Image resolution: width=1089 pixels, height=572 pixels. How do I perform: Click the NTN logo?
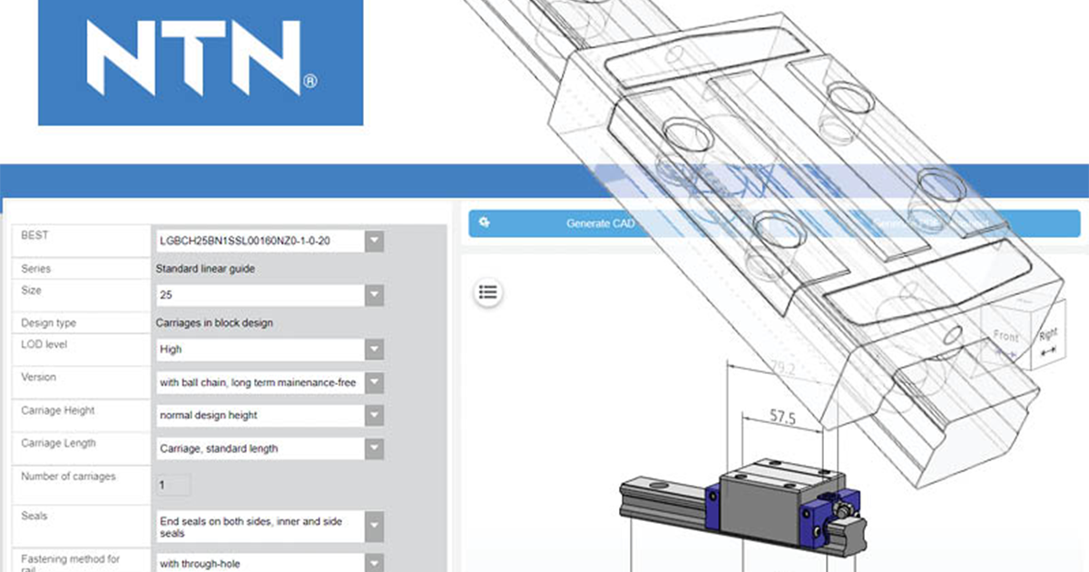click(x=201, y=62)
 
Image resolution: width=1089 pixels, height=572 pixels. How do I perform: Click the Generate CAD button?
click(x=600, y=223)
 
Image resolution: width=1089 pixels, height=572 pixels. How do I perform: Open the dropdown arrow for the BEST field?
click(x=374, y=242)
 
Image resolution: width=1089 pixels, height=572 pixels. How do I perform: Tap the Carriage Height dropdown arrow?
click(x=374, y=415)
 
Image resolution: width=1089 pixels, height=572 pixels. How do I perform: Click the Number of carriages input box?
click(x=174, y=485)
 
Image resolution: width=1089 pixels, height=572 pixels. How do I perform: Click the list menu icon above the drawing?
click(x=488, y=291)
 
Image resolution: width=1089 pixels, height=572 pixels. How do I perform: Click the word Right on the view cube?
click(x=1048, y=334)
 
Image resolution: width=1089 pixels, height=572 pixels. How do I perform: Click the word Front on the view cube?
click(x=1006, y=336)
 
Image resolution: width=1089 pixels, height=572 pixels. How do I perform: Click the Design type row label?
click(x=49, y=322)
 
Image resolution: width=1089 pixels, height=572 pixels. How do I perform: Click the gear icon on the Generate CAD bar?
click(x=485, y=222)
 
